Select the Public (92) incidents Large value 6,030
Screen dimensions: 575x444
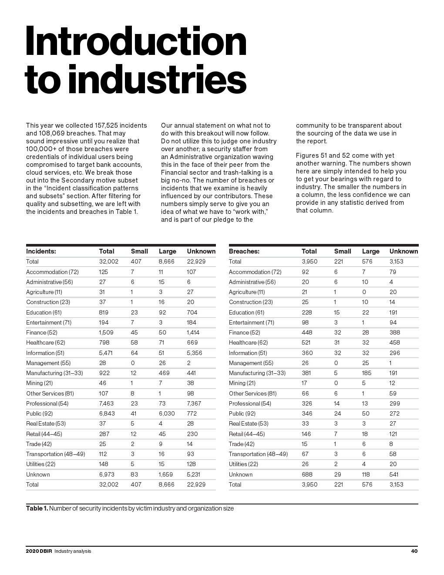click(x=167, y=413)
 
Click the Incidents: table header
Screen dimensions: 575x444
click(x=41, y=251)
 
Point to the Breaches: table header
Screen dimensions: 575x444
click(x=244, y=251)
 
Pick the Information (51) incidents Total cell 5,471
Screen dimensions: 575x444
click(x=106, y=353)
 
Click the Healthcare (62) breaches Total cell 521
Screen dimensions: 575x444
click(x=306, y=342)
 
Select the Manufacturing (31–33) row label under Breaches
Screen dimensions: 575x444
click(x=257, y=373)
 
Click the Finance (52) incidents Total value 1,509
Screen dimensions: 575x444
click(x=106, y=332)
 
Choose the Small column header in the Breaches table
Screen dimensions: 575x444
click(x=343, y=251)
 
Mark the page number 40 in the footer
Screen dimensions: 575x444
click(x=414, y=551)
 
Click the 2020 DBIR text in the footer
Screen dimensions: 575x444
click(x=39, y=551)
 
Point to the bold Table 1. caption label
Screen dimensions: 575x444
click(x=37, y=508)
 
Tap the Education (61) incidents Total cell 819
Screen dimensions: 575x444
click(x=104, y=312)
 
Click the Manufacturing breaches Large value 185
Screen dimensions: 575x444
click(x=367, y=373)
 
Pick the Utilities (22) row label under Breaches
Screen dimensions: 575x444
click(x=243, y=464)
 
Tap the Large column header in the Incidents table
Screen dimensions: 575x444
click(x=167, y=251)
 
